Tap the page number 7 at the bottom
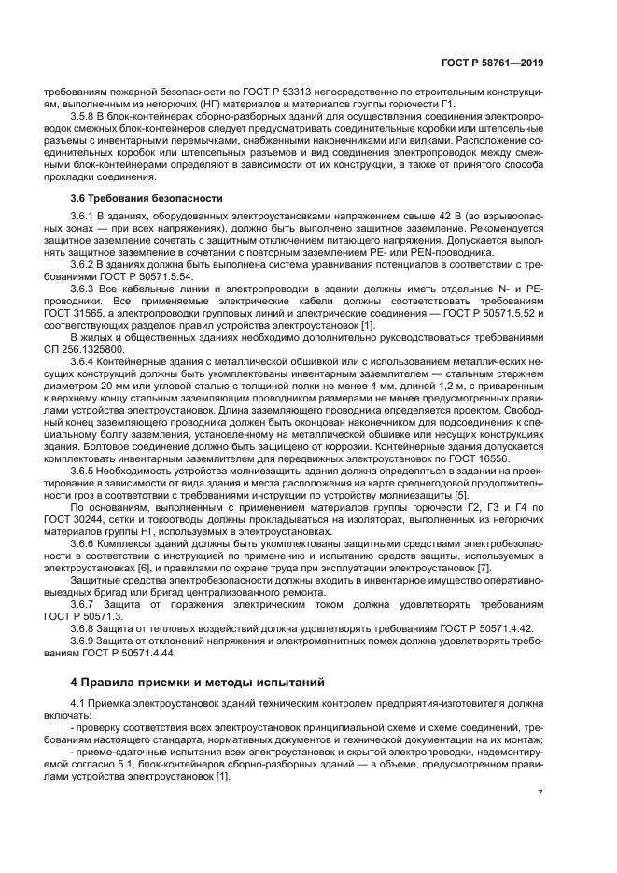click(540, 793)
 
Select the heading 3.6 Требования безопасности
click(133, 198)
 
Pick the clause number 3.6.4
click(86, 359)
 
